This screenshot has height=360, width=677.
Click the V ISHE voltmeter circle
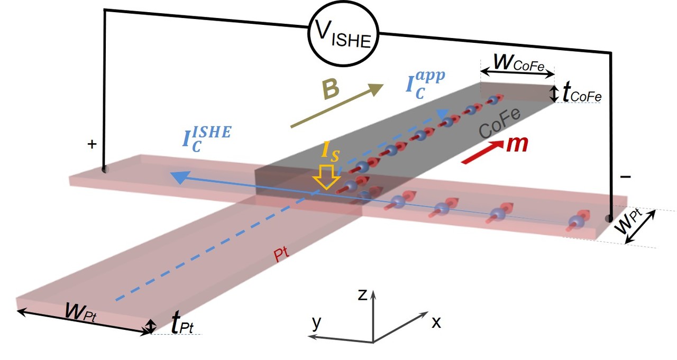(344, 35)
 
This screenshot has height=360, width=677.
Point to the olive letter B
(331, 90)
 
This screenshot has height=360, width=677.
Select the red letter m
(516, 145)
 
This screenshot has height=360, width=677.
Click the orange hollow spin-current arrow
(326, 178)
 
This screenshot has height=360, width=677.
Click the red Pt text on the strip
(282, 255)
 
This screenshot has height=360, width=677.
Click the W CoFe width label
(517, 61)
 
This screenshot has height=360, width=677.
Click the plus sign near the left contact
(92, 144)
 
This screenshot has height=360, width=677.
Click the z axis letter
(362, 295)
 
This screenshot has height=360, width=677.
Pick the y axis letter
(316, 322)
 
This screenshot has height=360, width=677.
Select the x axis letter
(436, 322)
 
